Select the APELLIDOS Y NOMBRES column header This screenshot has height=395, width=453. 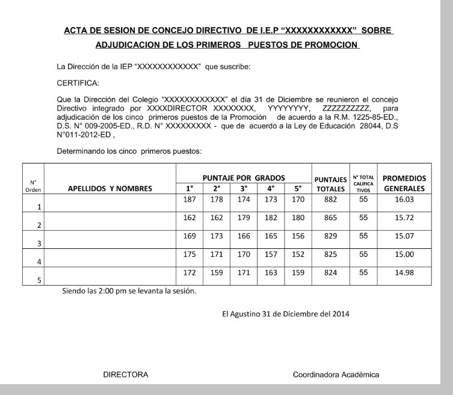point(110,188)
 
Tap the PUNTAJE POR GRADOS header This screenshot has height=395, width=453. point(243,178)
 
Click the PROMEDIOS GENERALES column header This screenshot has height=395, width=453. point(404,183)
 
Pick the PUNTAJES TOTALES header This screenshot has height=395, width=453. point(330,184)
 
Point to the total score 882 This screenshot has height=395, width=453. point(330,200)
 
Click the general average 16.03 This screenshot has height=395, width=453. point(404,200)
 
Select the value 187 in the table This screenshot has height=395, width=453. point(189,200)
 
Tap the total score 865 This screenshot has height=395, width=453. point(330,218)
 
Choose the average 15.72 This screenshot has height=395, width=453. point(404,218)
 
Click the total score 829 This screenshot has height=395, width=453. point(330,236)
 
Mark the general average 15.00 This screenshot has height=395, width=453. point(404,254)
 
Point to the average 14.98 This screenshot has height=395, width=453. point(404,272)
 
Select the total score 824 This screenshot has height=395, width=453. point(330,272)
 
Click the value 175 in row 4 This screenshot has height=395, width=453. point(189,254)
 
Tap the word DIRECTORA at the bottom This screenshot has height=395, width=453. point(126,375)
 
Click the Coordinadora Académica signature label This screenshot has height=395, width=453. point(336,375)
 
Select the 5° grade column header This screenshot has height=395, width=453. point(298,189)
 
